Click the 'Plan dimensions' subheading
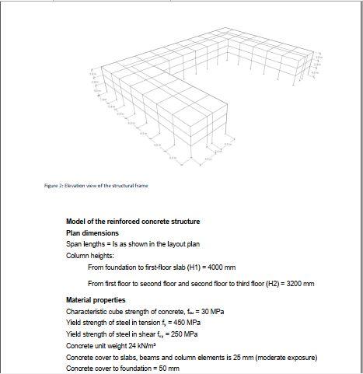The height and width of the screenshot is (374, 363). [x=92, y=232]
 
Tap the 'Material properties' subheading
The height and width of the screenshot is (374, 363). [x=96, y=300]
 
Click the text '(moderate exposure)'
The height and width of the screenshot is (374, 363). [x=288, y=357]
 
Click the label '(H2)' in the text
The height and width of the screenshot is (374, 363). [x=267, y=284]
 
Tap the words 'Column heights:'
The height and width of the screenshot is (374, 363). [x=89, y=254]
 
